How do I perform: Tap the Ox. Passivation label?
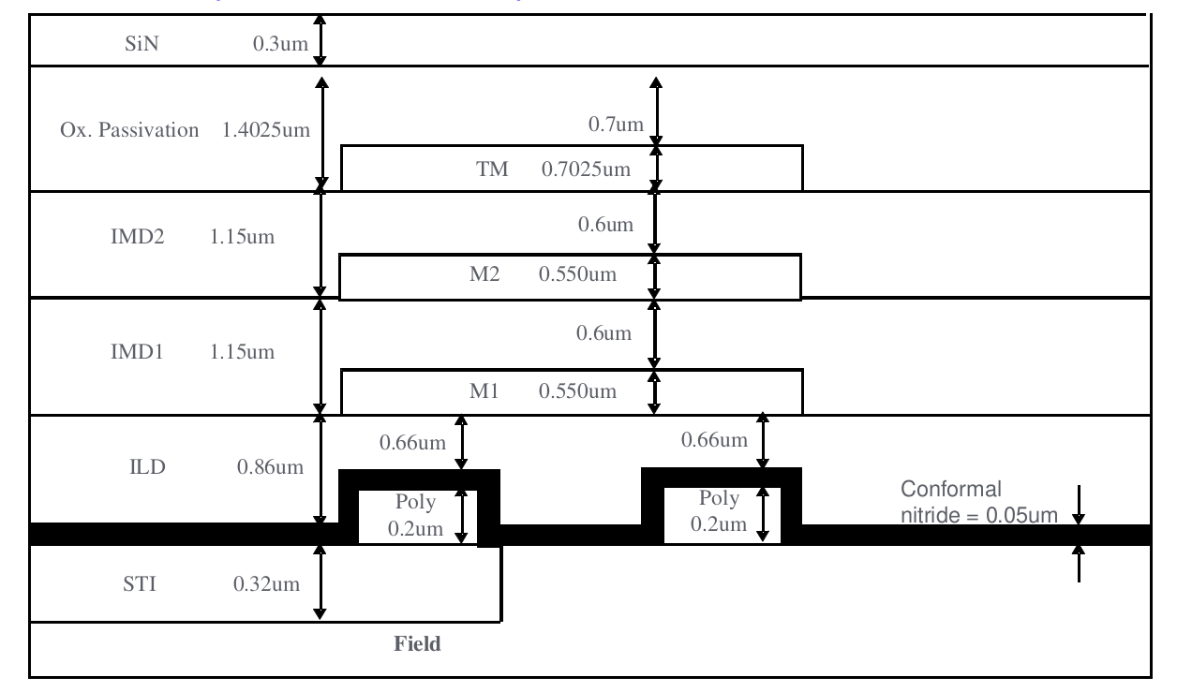(x=129, y=129)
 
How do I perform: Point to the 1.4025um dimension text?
(x=266, y=129)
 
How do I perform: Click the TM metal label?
(x=493, y=169)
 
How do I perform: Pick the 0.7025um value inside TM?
(x=585, y=169)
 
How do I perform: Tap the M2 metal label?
(x=493, y=275)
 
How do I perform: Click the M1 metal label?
(x=484, y=391)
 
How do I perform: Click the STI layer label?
(x=144, y=586)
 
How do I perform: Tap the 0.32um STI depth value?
(x=266, y=586)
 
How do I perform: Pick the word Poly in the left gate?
(x=416, y=502)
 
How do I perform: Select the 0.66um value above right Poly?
(x=715, y=439)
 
